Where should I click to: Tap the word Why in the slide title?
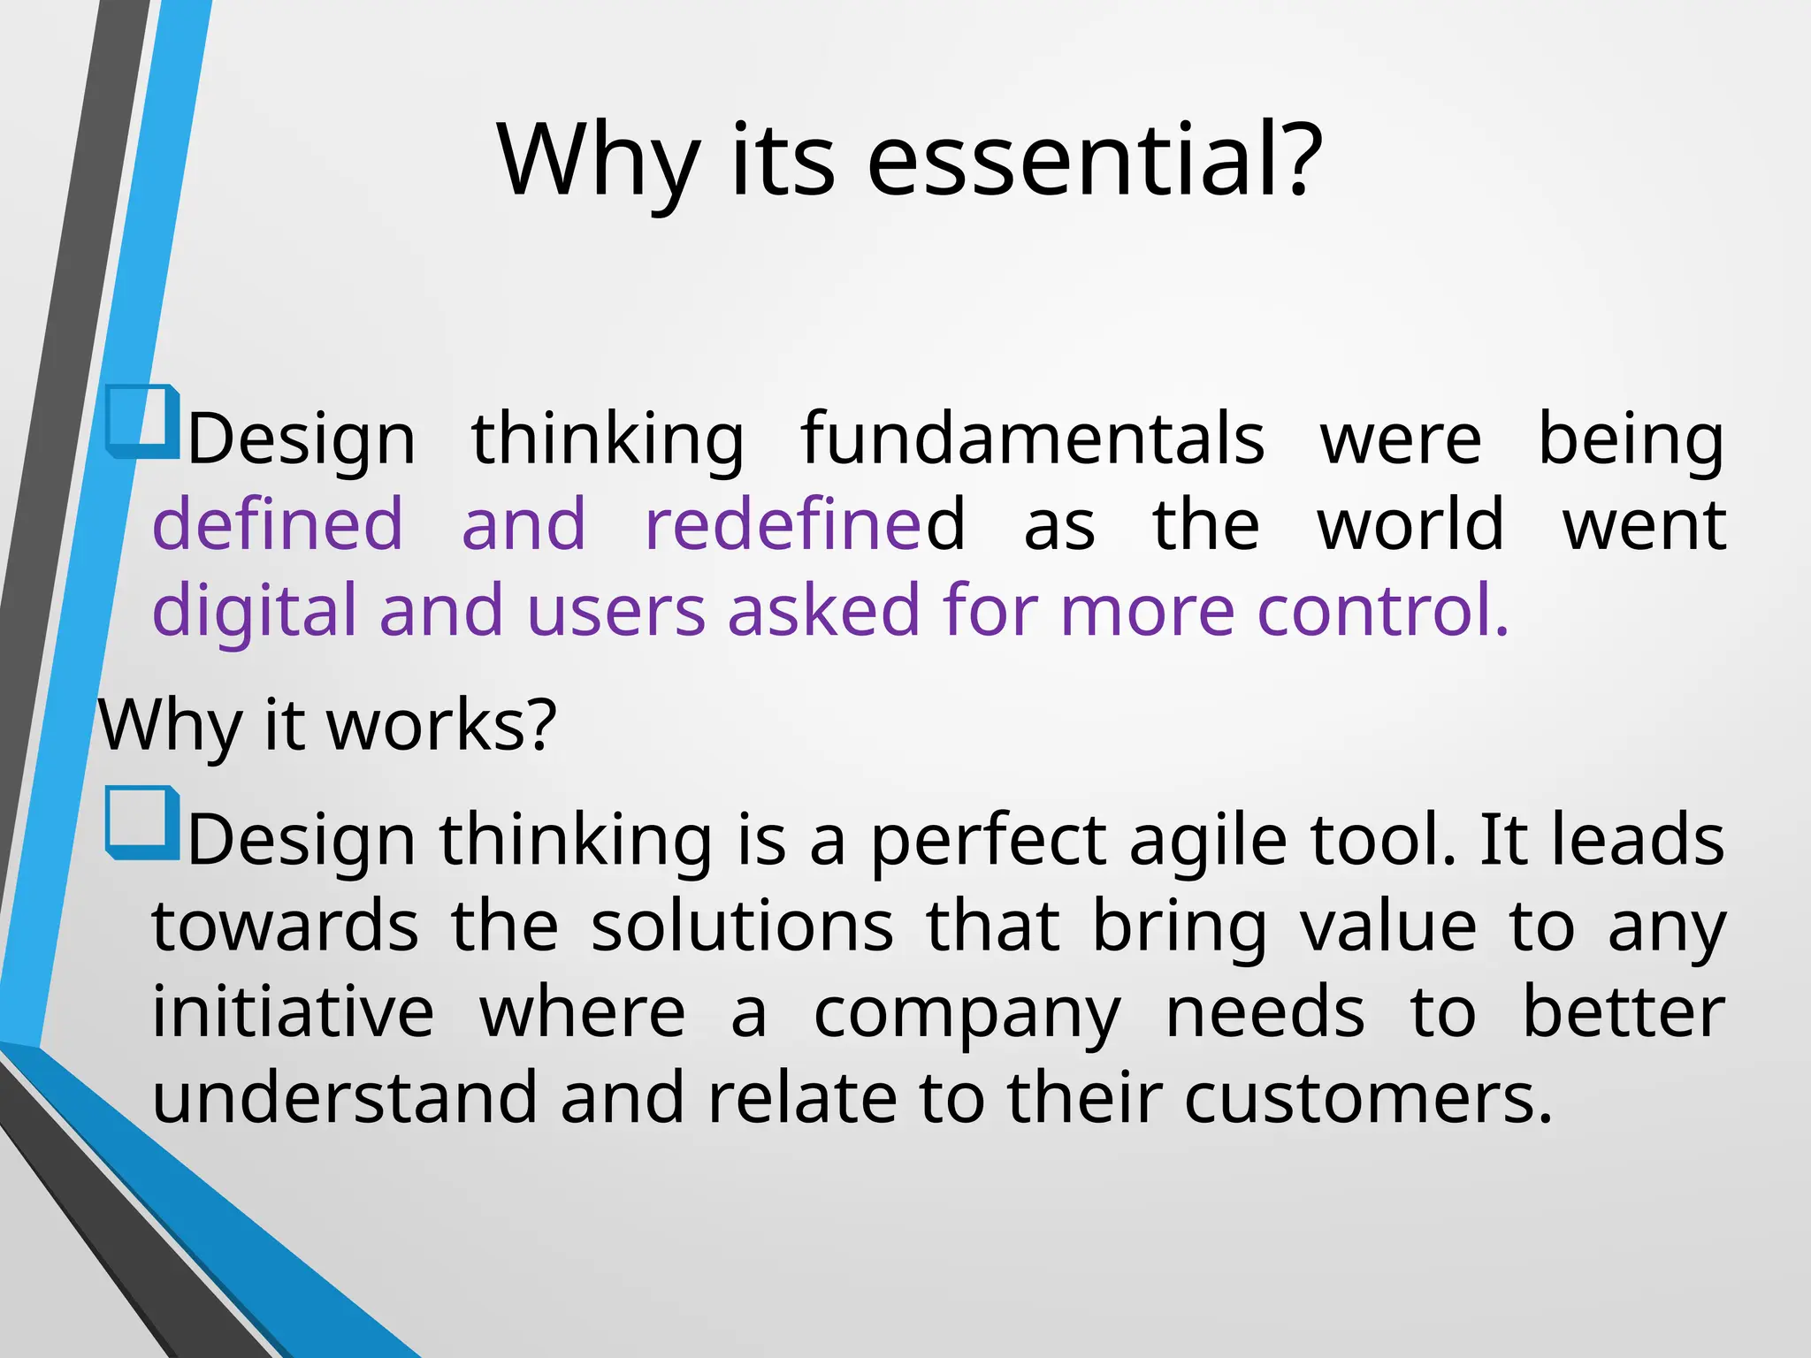point(598,162)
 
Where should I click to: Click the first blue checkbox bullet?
point(141,421)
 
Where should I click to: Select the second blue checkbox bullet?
point(141,821)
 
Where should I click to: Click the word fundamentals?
point(1032,439)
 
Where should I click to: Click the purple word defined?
point(278,525)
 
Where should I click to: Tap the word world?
point(1410,525)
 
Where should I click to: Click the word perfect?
point(988,840)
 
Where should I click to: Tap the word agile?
point(1208,840)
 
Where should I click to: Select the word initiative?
point(293,1012)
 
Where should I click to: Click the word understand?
point(345,1098)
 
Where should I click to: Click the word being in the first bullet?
point(1631,439)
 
